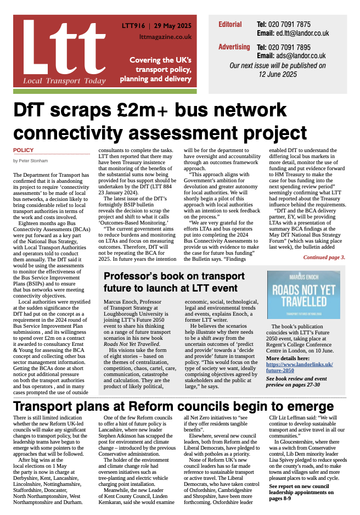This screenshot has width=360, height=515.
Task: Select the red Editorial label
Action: pos(230,24)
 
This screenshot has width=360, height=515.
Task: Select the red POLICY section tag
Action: pos(23,150)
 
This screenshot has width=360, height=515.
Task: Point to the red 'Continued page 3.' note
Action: pos(324,257)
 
